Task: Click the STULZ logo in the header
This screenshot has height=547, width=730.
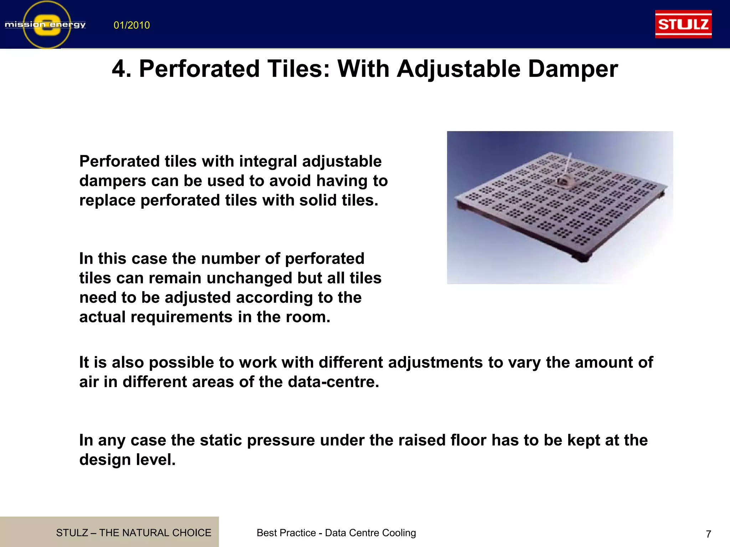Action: click(x=683, y=24)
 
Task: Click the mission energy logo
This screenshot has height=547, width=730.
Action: click(x=46, y=25)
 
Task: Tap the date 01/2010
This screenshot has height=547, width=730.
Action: click(x=132, y=25)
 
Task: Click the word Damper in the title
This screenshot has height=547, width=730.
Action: click(x=573, y=69)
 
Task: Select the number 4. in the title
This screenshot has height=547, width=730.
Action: click(x=122, y=69)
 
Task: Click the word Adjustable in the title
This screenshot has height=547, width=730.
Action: click(x=459, y=69)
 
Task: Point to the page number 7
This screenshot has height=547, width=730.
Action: click(x=708, y=534)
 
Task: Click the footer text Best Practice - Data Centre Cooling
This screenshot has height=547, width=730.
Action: click(x=336, y=533)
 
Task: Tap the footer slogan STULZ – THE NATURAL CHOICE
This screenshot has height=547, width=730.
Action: click(x=134, y=533)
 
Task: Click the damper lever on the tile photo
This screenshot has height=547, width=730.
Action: click(x=566, y=171)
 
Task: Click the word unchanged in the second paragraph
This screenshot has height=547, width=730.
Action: click(x=249, y=278)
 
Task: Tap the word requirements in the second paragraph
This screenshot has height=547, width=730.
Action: click(x=181, y=317)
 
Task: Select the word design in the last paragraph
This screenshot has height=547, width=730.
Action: click(x=100, y=460)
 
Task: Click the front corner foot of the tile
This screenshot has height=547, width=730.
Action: click(x=583, y=259)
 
